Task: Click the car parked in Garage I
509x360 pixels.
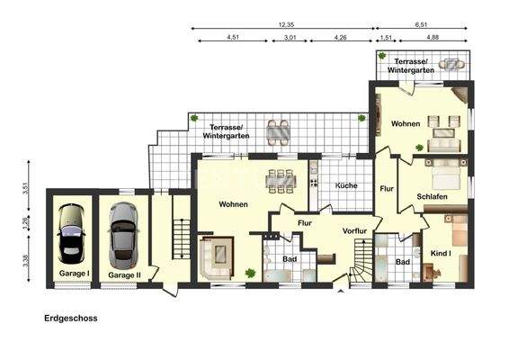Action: coord(70,234)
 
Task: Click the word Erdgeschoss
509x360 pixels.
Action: coord(71,318)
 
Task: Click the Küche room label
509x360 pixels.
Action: coord(346,185)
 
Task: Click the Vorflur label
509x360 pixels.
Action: coord(356,231)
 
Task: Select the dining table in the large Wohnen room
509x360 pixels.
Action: coord(283,178)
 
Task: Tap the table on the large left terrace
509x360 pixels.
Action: coord(279,132)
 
